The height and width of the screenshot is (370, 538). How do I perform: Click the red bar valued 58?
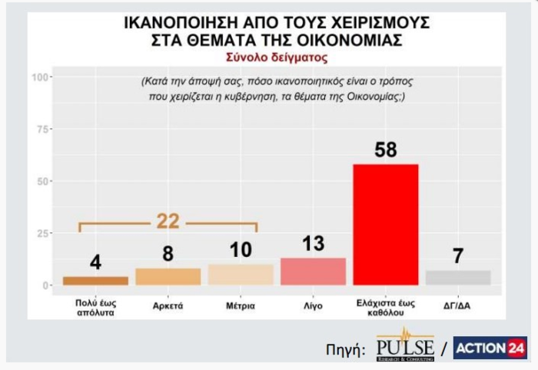384,224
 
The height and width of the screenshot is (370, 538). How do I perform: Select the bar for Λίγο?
312,272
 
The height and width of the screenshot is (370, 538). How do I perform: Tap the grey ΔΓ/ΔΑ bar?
458,278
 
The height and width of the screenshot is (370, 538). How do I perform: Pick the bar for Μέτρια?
241,275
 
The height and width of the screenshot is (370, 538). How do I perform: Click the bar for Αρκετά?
168,277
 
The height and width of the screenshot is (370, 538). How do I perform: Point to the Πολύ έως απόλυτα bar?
95,281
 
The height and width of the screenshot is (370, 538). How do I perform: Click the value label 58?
385,150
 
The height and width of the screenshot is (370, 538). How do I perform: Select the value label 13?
312,244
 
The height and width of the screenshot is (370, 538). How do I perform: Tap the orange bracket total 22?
168,222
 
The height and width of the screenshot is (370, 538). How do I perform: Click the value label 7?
458,256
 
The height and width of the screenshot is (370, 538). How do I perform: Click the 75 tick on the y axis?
43,128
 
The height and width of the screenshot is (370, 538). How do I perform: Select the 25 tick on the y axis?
43,233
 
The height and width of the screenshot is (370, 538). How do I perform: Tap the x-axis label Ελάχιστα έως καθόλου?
385,308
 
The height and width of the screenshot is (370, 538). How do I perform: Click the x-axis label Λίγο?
312,305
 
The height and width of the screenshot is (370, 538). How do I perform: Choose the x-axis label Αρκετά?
168,305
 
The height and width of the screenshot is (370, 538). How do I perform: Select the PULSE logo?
405,348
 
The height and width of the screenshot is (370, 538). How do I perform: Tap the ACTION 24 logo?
490,348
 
